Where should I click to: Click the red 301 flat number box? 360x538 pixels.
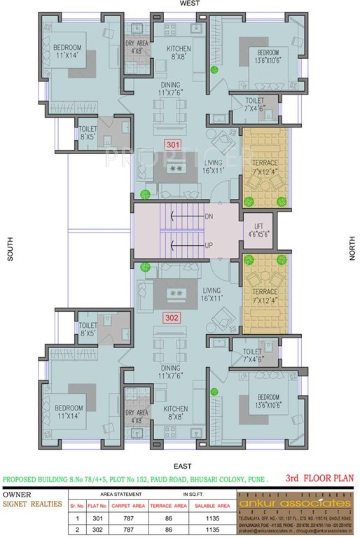(x=172, y=145)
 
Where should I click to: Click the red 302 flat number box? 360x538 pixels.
(x=172, y=317)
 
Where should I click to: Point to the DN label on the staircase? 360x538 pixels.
(x=208, y=217)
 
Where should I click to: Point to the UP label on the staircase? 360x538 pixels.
(x=208, y=245)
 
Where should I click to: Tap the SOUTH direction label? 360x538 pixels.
(x=11, y=249)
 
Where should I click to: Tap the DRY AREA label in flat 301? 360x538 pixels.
(x=136, y=47)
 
